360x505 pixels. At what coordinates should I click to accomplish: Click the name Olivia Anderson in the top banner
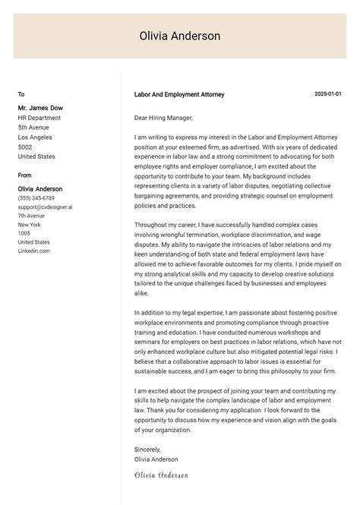(180, 36)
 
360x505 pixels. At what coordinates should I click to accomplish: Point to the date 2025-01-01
(327, 94)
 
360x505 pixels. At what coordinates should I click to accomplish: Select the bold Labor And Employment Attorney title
(178, 95)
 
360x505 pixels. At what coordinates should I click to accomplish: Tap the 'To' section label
(21, 95)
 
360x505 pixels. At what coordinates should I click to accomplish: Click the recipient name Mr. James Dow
(39, 108)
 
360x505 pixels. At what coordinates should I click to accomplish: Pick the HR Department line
(39, 118)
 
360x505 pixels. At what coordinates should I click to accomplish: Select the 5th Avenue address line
(33, 128)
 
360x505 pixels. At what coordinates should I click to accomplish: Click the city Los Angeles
(35, 137)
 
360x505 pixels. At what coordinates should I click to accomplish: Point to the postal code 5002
(25, 147)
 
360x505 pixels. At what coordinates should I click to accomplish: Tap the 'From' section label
(25, 175)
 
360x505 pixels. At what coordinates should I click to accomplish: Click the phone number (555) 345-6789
(36, 198)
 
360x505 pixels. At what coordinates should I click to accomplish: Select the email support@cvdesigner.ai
(46, 207)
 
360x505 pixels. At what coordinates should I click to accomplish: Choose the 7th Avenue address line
(31, 216)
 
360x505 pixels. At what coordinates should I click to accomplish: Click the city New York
(29, 225)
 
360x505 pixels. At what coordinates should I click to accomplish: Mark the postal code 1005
(24, 233)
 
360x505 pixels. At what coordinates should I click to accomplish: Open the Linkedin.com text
(34, 251)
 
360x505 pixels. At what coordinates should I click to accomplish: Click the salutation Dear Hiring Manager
(163, 118)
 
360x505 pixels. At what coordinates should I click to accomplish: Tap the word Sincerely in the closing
(147, 450)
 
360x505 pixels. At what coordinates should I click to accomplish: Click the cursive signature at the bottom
(160, 475)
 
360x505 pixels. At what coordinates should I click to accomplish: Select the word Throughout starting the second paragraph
(151, 225)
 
